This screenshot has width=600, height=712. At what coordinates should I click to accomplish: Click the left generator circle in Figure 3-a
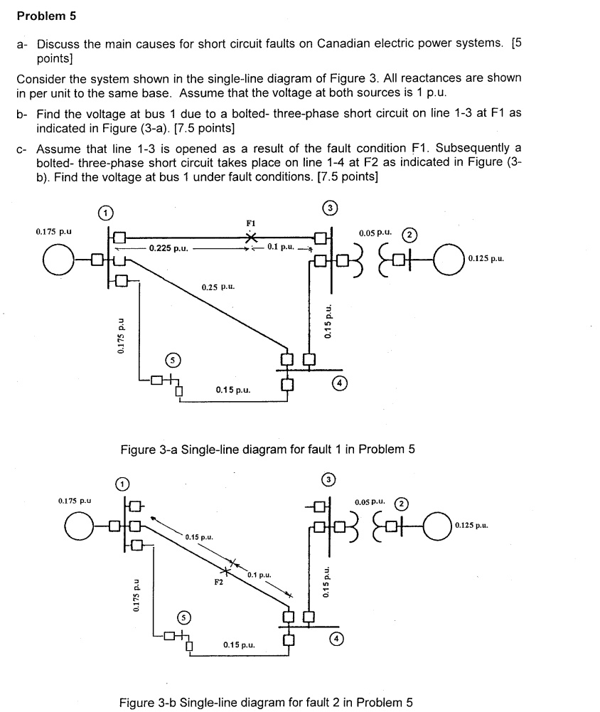click(58, 257)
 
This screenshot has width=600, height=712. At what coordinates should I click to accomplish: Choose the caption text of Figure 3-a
click(266, 449)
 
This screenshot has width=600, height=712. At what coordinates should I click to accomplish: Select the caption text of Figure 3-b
click(266, 703)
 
